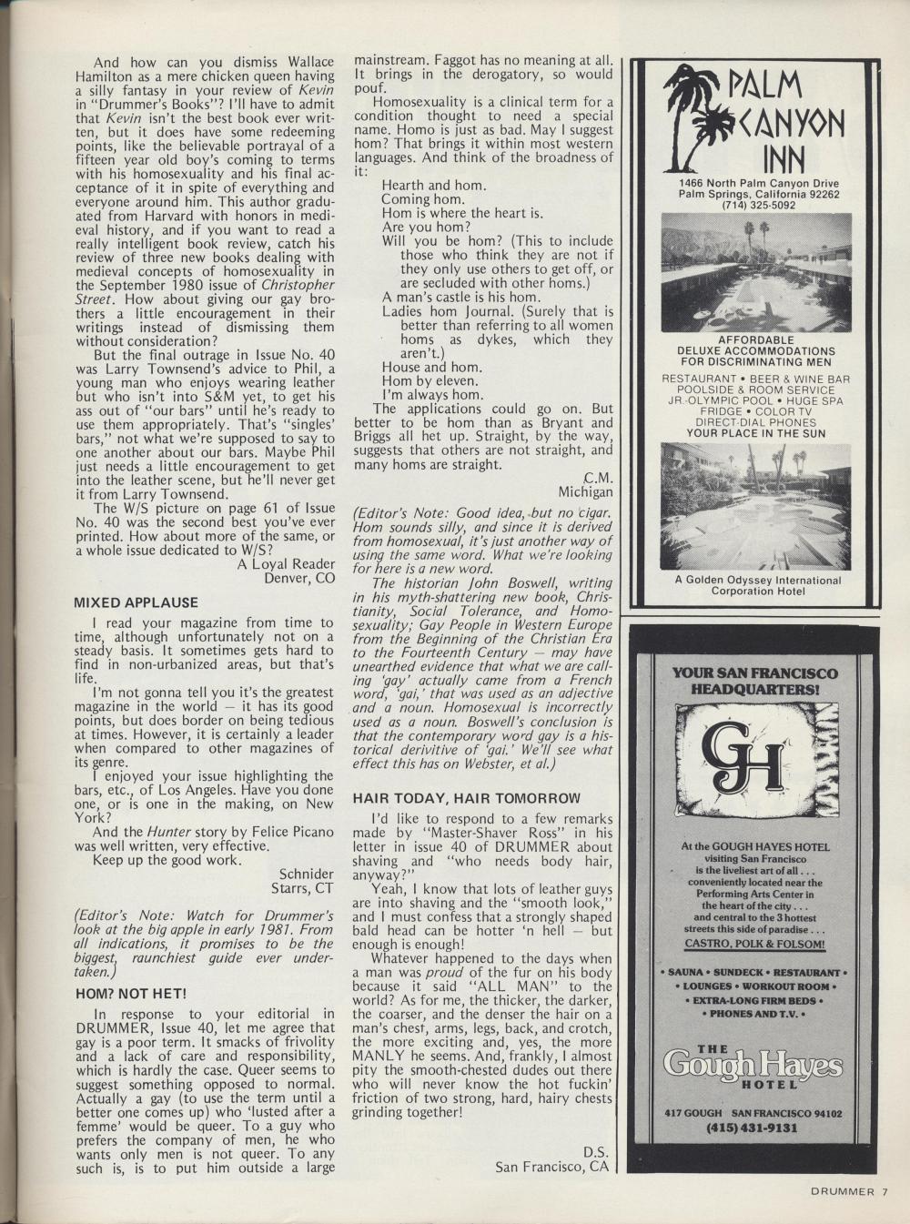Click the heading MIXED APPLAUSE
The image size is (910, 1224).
[x=136, y=602]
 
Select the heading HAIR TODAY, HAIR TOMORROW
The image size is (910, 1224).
[x=466, y=798]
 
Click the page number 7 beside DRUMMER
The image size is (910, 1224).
[x=884, y=1192]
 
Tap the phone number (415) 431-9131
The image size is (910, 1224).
[x=752, y=1128]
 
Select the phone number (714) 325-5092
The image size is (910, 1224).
[x=759, y=205]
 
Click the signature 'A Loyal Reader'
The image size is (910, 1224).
[x=286, y=563]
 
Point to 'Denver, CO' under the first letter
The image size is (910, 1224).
[x=299, y=577]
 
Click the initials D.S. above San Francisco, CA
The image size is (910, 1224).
[x=595, y=1150]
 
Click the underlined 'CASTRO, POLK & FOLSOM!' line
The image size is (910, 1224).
[x=752, y=945]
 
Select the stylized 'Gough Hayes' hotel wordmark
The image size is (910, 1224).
[x=752, y=1063]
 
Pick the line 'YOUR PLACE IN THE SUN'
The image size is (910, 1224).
[x=756, y=433]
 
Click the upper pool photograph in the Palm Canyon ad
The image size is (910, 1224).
[x=756, y=272]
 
